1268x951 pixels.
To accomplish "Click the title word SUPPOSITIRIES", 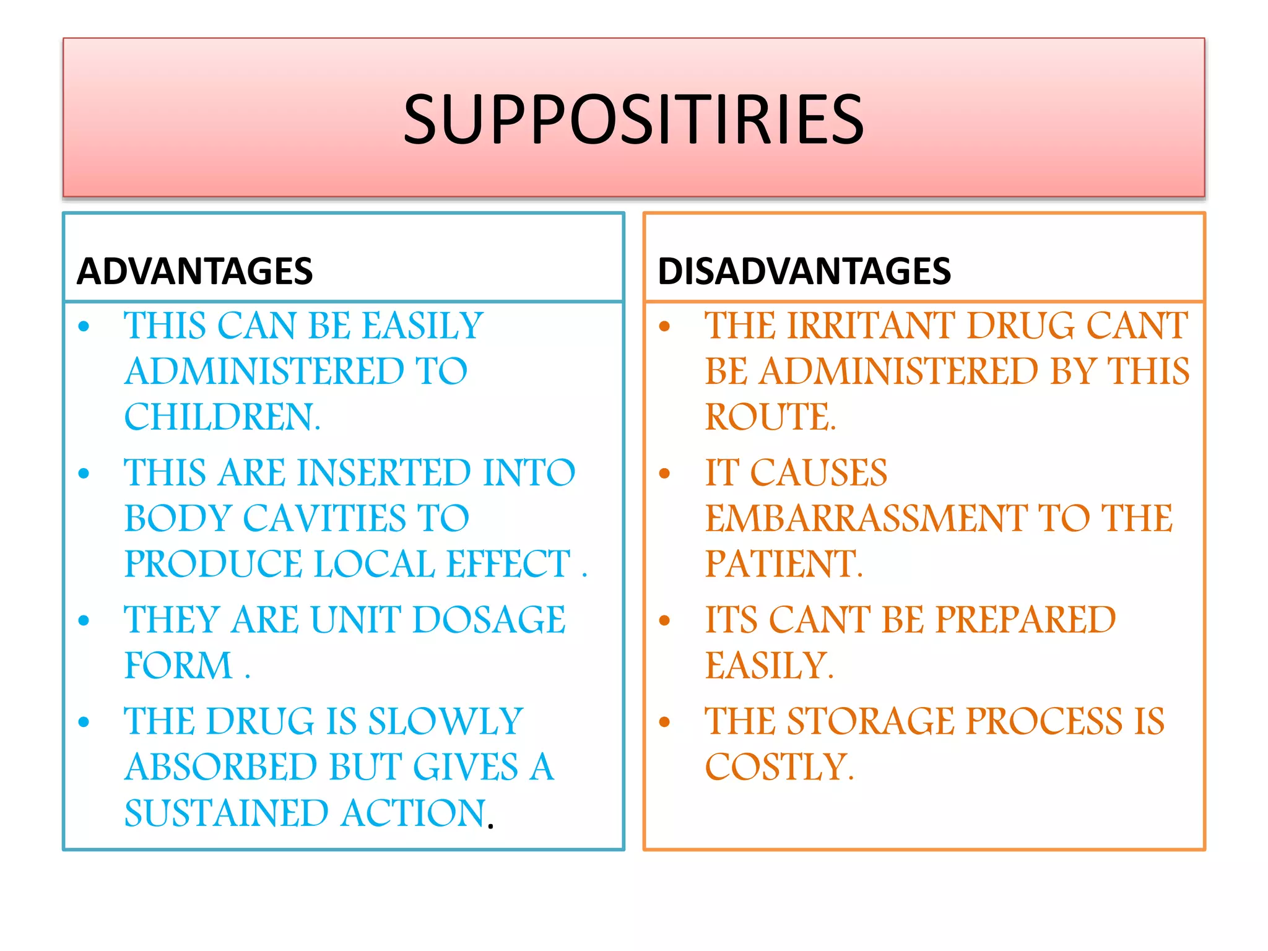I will tap(633, 119).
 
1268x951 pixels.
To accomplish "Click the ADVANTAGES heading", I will tap(194, 271).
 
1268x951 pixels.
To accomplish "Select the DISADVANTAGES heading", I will tap(804, 271).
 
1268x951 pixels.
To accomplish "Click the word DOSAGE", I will tap(489, 620).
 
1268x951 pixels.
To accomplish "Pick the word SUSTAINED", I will tap(225, 813).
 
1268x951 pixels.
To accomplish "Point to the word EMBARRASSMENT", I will tap(866, 518).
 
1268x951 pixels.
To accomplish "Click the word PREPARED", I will tap(1025, 620).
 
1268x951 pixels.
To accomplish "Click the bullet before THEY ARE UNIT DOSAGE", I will tap(84, 620).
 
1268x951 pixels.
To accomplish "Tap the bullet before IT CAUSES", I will tap(664, 474).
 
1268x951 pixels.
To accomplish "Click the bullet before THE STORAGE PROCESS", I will tap(664, 722).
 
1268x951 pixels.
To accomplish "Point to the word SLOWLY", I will tap(445, 721).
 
